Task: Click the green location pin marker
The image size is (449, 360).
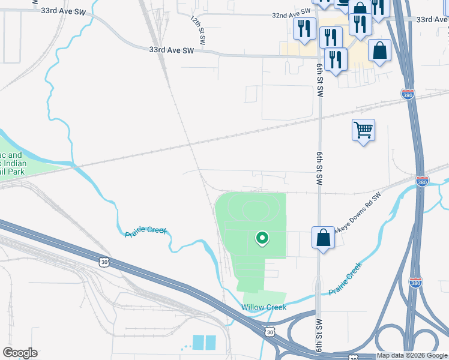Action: pyautogui.click(x=262, y=239)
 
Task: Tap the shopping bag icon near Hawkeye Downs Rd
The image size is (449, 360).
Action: pyautogui.click(x=323, y=238)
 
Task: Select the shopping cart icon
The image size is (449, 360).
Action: pyautogui.click(x=364, y=130)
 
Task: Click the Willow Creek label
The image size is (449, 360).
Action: pyautogui.click(x=264, y=307)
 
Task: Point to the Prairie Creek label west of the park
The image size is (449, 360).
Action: pyautogui.click(x=145, y=232)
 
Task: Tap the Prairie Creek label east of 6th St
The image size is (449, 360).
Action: pyautogui.click(x=346, y=280)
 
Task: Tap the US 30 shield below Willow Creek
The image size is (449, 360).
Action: pyautogui.click(x=271, y=332)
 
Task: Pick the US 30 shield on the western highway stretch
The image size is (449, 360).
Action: pyautogui.click(x=104, y=261)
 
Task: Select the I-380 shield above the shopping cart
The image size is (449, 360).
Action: pyautogui.click(x=407, y=94)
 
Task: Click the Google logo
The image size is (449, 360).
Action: pyautogui.click(x=20, y=353)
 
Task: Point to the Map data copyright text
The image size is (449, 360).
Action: pyautogui.click(x=412, y=356)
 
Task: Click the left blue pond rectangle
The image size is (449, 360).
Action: pyautogui.click(x=197, y=343)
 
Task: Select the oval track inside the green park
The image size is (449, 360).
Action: pyautogui.click(x=256, y=210)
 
